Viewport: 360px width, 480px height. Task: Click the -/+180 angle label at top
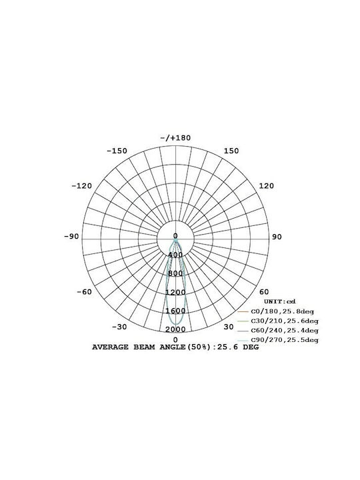click(x=175, y=138)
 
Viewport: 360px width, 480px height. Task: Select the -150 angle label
click(x=117, y=151)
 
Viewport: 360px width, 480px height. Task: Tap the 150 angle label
click(x=231, y=151)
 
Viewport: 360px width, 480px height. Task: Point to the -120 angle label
click(x=82, y=186)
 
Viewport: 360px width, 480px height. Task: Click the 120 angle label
click(x=266, y=186)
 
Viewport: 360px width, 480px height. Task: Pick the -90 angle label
click(x=71, y=237)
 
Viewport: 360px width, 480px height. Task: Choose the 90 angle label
click(x=277, y=237)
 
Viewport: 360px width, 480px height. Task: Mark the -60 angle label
click(x=84, y=292)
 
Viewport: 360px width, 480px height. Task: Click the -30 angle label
click(x=119, y=327)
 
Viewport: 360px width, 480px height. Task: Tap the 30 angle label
click(x=229, y=327)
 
